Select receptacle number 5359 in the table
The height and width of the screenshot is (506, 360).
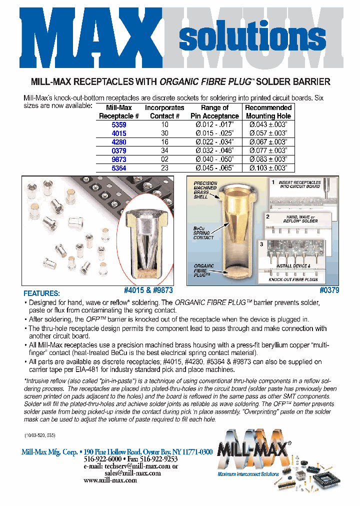pyautogui.click(x=119, y=124)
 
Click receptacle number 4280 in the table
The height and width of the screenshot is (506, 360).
pyautogui.click(x=119, y=142)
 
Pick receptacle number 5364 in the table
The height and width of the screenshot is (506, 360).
pyautogui.click(x=119, y=168)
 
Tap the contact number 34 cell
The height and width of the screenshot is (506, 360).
pyautogui.click(x=165, y=150)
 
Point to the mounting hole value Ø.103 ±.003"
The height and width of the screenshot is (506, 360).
pyautogui.click(x=268, y=168)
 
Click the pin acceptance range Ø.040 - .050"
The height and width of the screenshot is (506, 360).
pyautogui.click(x=214, y=159)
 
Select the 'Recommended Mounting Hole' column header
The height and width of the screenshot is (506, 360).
pyautogui.click(x=268, y=111)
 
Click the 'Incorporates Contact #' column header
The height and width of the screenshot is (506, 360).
pyautogui.click(x=165, y=111)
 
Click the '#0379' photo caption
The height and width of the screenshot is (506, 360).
pyautogui.click(x=329, y=290)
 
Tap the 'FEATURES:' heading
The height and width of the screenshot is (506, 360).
pyautogui.click(x=41, y=293)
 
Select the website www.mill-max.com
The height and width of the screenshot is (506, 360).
pyautogui.click(x=110, y=480)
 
